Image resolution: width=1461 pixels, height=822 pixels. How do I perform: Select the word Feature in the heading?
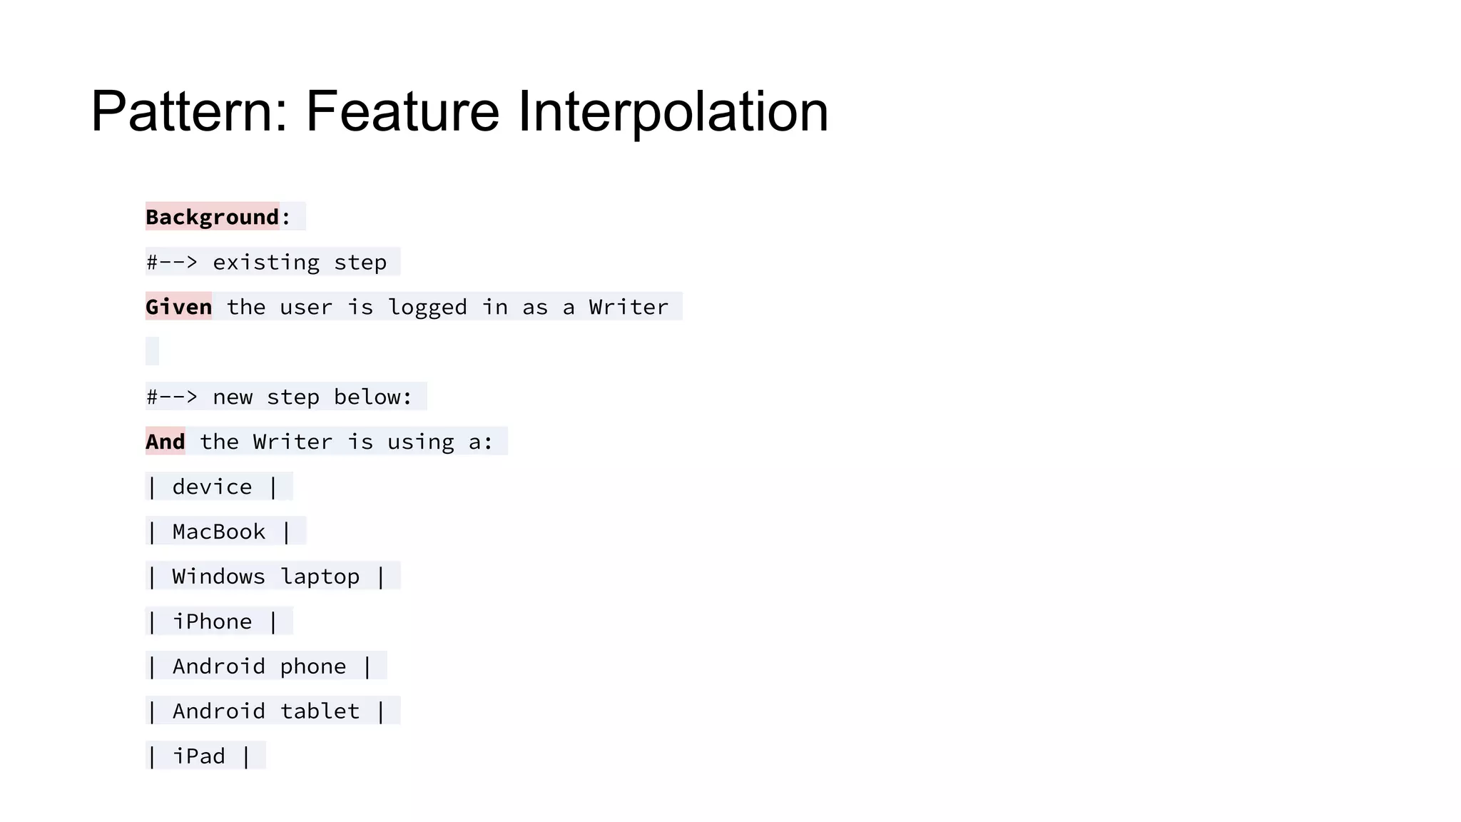(x=402, y=112)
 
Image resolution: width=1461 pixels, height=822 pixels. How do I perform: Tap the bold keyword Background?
(x=213, y=217)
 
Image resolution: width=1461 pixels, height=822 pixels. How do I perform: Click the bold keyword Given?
(x=178, y=307)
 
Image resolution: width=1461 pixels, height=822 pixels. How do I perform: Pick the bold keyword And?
(x=166, y=442)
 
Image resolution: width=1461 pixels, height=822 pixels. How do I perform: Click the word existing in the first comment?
(x=266, y=263)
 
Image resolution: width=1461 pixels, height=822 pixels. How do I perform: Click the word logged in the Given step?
(x=427, y=308)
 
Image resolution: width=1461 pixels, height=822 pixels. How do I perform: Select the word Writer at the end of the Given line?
(x=628, y=307)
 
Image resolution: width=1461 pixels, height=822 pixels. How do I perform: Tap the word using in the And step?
(x=421, y=442)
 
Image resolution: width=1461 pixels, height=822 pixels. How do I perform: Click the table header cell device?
(x=212, y=487)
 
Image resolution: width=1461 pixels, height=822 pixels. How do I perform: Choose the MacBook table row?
(x=218, y=532)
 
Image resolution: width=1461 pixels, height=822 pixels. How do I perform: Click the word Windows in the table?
(x=218, y=577)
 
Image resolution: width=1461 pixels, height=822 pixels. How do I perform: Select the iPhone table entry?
(x=212, y=621)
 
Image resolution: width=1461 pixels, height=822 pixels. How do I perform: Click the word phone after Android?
(x=312, y=667)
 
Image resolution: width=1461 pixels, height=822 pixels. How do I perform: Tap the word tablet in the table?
(x=320, y=711)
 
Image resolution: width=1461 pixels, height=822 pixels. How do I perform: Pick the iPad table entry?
(x=198, y=756)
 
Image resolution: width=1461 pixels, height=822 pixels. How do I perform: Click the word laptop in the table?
(x=320, y=577)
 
